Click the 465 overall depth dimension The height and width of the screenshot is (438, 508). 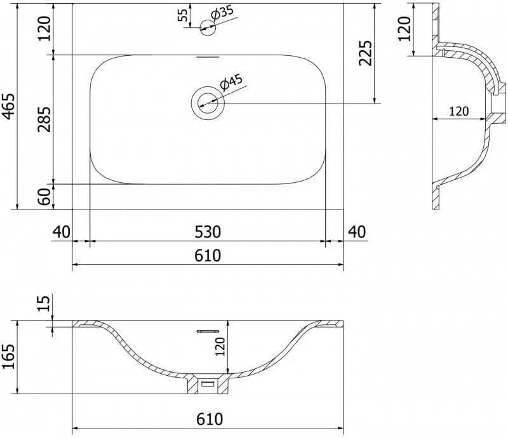[x=9, y=106]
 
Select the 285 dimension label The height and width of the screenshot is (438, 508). [x=44, y=119]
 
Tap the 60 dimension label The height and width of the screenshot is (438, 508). [x=44, y=197]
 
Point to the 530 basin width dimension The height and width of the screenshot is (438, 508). [x=208, y=232]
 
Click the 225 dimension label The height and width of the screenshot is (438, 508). [x=366, y=53]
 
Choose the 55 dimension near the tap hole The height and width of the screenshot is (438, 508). [x=183, y=15]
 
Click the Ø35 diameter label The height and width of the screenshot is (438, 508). [x=222, y=13]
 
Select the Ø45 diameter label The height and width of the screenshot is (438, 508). [x=231, y=82]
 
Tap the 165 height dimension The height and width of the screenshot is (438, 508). [x=9, y=356]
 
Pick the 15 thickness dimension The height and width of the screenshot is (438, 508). [x=44, y=303]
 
